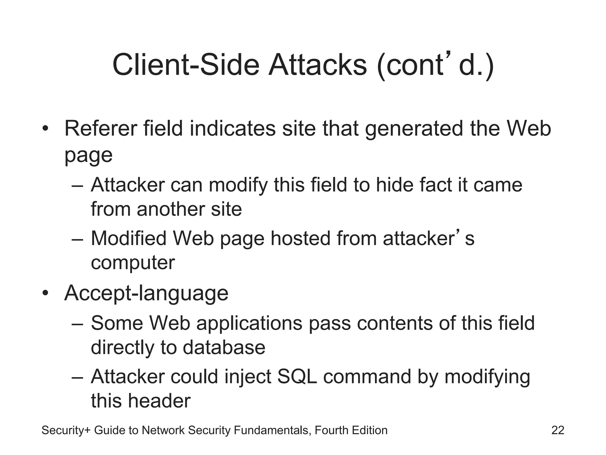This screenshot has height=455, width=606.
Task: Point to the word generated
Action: [414, 129]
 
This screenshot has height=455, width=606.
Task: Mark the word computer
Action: [133, 263]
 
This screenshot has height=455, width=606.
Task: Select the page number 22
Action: [558, 430]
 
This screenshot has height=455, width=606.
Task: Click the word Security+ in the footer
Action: [65, 430]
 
